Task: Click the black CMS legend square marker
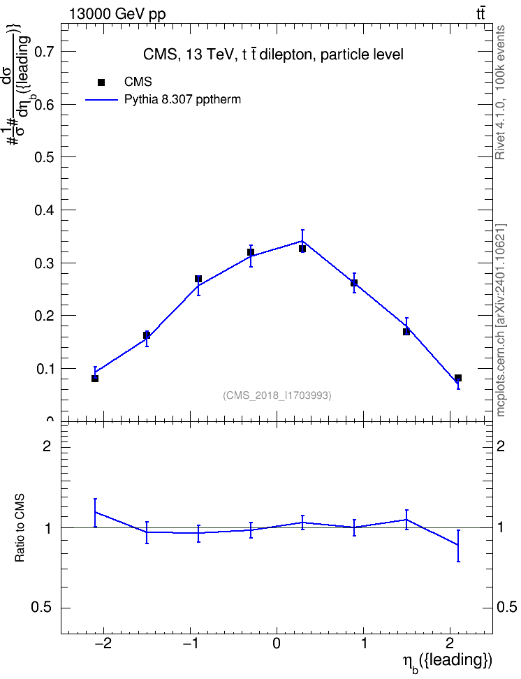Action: pos(101,82)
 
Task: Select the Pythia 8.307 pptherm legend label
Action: pos(182,100)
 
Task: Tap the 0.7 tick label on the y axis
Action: pos(45,52)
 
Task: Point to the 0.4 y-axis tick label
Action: pos(45,210)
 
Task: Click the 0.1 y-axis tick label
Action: pos(45,369)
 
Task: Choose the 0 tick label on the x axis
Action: pos(277,643)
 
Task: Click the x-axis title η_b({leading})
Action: pos(448,662)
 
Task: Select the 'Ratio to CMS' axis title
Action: pos(20,528)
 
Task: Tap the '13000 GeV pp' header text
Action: pos(117,14)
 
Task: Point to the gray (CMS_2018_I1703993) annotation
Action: pos(277,395)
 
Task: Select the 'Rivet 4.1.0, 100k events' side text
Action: pos(501,92)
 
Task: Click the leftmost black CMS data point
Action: pos(95,379)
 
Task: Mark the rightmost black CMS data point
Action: pos(458,378)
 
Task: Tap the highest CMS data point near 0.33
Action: pos(302,249)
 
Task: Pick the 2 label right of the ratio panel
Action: pos(501,446)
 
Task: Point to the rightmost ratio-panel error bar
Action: pos(458,546)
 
